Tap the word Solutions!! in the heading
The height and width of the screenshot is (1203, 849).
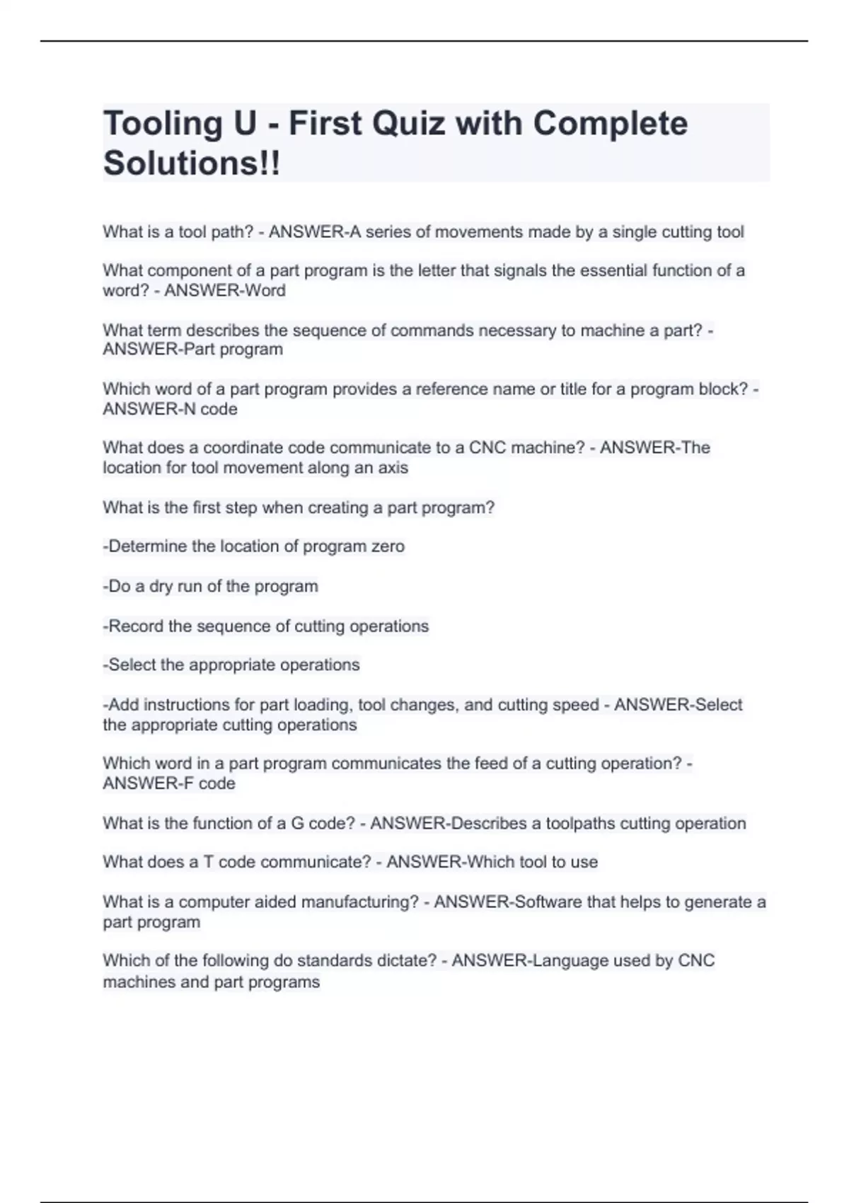192,163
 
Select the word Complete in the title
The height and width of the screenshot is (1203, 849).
610,124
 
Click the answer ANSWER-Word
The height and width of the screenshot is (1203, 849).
225,291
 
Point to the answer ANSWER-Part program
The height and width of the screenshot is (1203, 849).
192,350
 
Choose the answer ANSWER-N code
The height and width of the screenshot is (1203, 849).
170,409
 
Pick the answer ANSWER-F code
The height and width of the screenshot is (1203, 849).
169,783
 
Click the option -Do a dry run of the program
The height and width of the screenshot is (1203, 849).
210,586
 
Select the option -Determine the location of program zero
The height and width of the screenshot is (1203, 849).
253,546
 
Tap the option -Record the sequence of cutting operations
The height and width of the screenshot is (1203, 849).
265,626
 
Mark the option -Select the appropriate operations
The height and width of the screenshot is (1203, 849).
231,665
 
